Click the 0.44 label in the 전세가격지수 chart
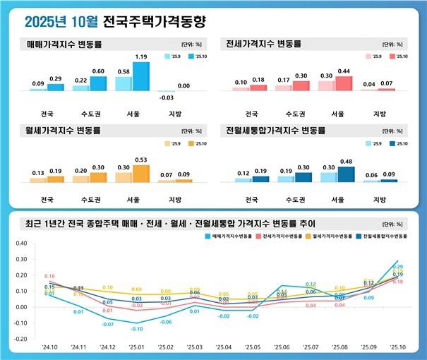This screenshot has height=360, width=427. (344, 71)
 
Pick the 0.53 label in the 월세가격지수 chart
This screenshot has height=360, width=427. (141, 159)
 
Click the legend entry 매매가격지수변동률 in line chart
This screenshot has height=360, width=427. (236, 236)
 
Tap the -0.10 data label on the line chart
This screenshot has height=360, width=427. (137, 329)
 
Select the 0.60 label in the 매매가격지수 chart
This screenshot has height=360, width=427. (98, 71)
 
